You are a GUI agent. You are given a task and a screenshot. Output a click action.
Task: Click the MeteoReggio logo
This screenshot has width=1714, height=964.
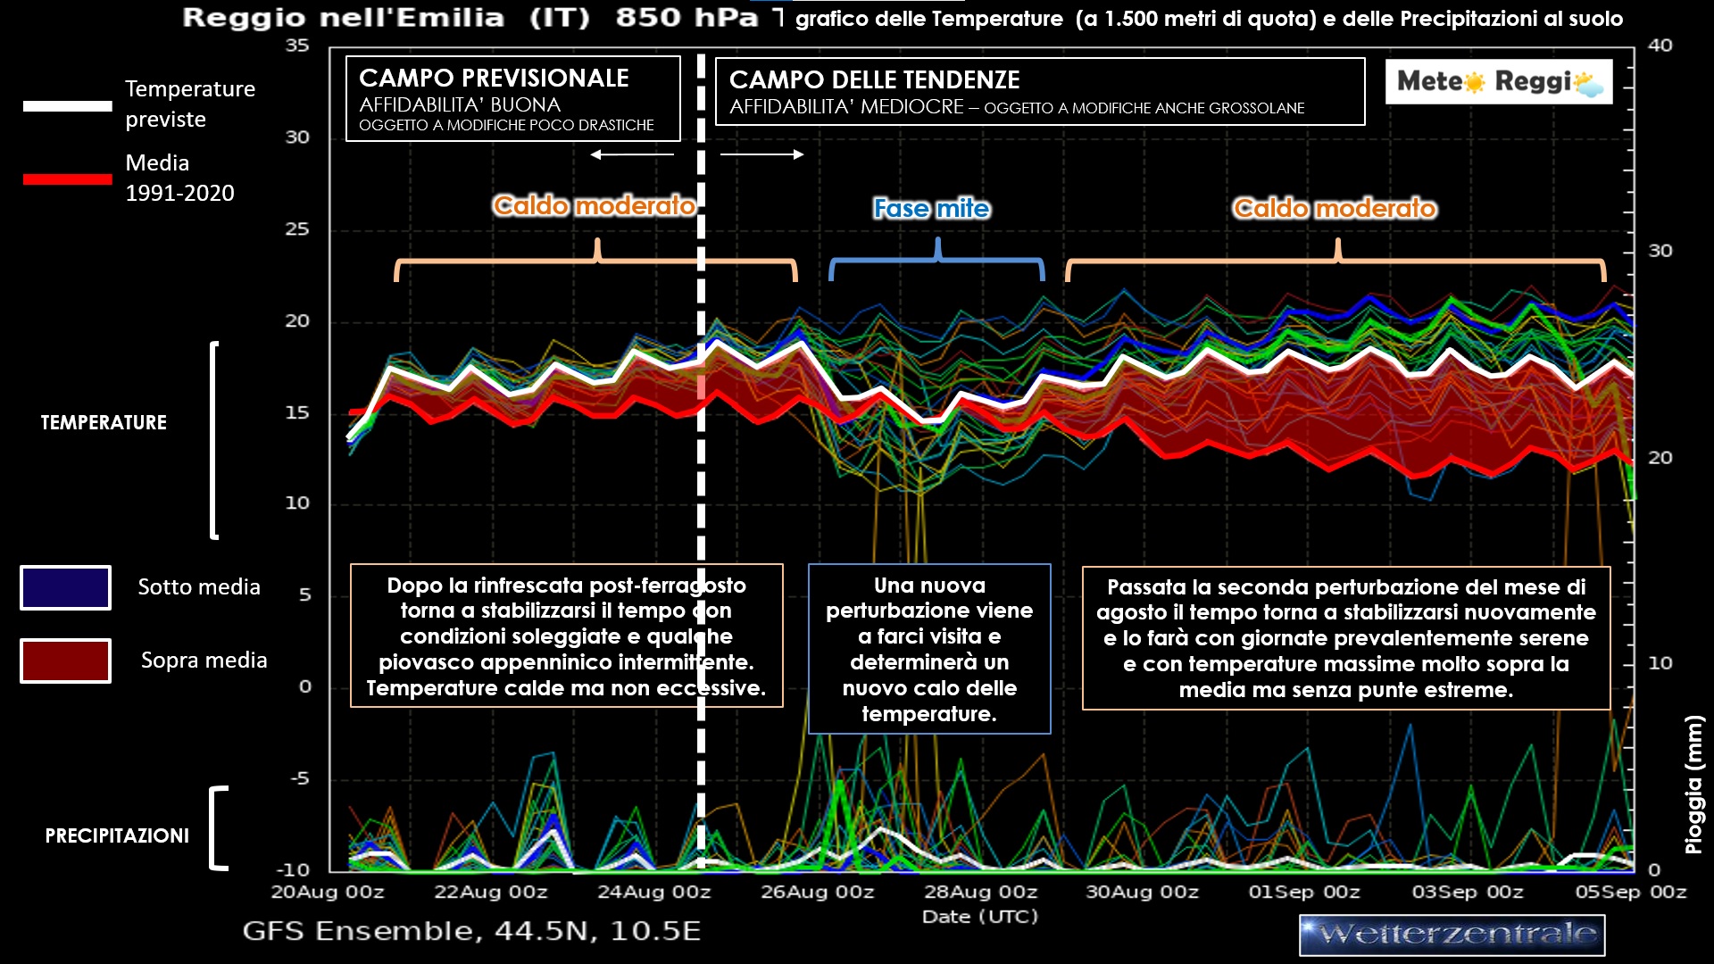1499,82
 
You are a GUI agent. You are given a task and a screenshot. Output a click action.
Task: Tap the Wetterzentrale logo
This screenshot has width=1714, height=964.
1452,935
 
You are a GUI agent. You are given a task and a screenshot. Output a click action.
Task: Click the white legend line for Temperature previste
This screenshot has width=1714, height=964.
67,106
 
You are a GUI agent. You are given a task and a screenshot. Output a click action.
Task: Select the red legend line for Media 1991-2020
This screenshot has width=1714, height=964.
67,179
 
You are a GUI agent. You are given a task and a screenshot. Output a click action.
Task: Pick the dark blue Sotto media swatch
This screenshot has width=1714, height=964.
65,587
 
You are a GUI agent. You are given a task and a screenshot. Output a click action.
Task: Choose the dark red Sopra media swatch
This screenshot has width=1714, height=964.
65,661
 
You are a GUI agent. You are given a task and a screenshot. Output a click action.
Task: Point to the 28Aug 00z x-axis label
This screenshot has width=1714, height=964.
980,892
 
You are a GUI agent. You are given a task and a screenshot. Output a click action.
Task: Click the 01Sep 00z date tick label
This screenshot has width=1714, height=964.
1304,892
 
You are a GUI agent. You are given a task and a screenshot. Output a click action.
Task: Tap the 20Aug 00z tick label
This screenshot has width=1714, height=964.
328,892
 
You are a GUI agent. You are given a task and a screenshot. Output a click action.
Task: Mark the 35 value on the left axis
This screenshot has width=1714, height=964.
297,46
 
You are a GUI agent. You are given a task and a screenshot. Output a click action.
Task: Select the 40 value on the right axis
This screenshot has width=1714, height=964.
1660,46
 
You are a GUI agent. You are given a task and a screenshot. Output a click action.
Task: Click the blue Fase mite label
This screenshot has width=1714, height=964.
931,209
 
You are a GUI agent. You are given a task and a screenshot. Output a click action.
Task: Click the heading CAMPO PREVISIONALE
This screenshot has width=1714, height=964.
494,79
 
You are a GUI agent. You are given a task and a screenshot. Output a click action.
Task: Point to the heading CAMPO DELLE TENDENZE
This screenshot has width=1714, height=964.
874,80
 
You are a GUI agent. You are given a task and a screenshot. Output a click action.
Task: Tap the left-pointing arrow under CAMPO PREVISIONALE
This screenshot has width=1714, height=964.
632,154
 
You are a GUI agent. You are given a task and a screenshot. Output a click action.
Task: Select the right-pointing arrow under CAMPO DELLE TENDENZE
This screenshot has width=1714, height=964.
762,154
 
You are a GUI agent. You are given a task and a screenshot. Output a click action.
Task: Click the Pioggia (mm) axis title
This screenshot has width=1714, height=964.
1693,785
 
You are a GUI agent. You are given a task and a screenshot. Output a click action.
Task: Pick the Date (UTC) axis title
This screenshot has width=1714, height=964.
979,917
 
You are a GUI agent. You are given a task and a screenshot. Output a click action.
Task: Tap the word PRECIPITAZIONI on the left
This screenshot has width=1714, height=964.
117,836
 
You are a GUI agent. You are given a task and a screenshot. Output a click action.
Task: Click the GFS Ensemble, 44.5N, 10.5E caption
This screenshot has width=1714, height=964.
471,931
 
